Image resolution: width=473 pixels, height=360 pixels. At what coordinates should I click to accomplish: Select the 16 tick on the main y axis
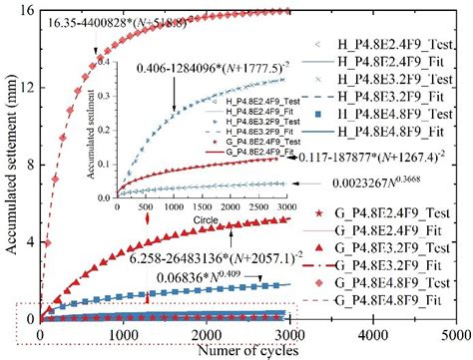pos(27,10)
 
